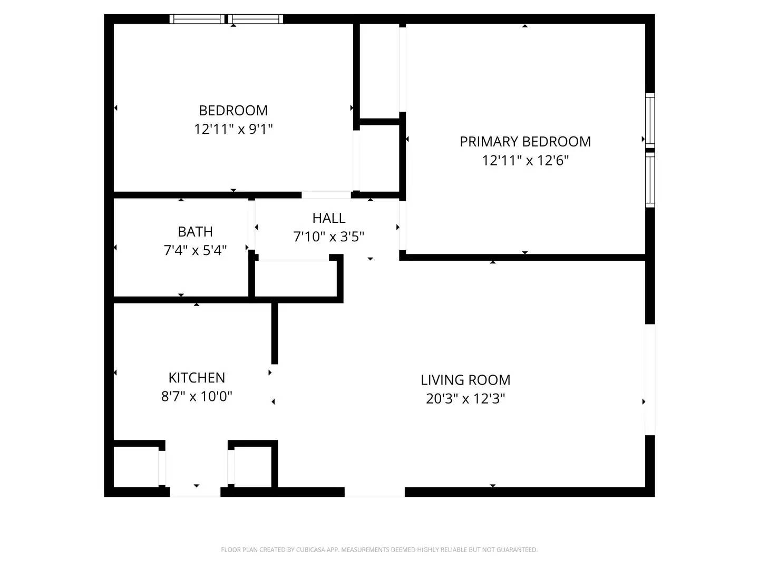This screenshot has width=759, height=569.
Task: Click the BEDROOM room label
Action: pos(233,111)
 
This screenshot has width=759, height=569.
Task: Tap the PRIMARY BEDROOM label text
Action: pos(525,142)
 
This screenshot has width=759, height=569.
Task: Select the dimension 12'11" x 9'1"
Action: pos(233,129)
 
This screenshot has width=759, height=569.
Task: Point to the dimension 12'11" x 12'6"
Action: pos(525,160)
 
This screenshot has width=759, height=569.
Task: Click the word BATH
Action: pos(195,232)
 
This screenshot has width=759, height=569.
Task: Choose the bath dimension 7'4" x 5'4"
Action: pos(195,250)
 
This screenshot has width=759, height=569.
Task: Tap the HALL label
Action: pos(329,218)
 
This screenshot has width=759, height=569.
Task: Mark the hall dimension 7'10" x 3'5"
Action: pos(329,237)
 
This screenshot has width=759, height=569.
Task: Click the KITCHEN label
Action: pos(197,378)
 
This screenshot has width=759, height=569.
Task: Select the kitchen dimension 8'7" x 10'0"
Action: pos(197,396)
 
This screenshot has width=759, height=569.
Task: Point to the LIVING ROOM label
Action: pos(465,380)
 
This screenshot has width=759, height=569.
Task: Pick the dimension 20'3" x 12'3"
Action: pos(465,399)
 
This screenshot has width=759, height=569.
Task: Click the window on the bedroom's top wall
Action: pos(226,19)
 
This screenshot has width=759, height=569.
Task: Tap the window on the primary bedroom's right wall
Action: pos(650,150)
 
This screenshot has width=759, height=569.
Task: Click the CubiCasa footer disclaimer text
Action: pos(379,550)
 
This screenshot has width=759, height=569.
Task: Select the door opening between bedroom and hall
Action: pos(326,195)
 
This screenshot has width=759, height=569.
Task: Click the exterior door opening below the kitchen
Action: pos(195,492)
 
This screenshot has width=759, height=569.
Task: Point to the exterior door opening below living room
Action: pos(374,492)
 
